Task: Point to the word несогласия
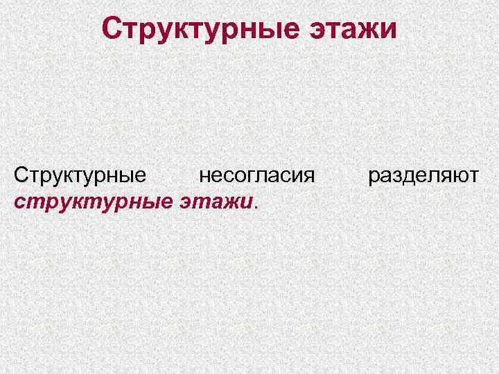click(x=256, y=175)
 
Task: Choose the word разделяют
click(x=423, y=175)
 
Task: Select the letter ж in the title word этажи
click(x=368, y=31)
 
